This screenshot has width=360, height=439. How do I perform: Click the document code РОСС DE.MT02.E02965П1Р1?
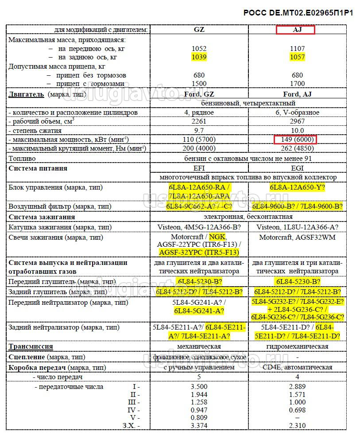(298, 13)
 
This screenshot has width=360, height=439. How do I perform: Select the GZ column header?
(199, 30)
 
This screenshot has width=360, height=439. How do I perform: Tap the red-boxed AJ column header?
(295, 30)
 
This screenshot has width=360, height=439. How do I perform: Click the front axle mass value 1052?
(199, 49)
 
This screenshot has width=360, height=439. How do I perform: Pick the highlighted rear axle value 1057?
(297, 57)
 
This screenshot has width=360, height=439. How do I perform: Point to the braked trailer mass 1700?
(297, 84)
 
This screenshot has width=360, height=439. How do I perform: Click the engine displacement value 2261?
(199, 121)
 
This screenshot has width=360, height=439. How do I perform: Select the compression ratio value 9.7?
(199, 131)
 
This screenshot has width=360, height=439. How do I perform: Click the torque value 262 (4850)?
(297, 149)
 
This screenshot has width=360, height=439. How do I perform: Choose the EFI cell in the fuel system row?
(199, 168)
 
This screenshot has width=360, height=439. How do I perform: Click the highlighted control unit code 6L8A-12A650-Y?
(297, 187)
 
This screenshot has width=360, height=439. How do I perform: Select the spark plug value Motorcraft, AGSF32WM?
(297, 237)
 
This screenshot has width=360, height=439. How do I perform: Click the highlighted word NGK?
(217, 237)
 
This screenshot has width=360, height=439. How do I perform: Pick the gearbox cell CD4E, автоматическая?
(297, 367)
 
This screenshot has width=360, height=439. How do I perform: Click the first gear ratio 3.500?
(199, 386)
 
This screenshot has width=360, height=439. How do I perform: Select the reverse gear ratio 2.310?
(297, 426)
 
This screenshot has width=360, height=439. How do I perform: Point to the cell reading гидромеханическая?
(297, 346)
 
